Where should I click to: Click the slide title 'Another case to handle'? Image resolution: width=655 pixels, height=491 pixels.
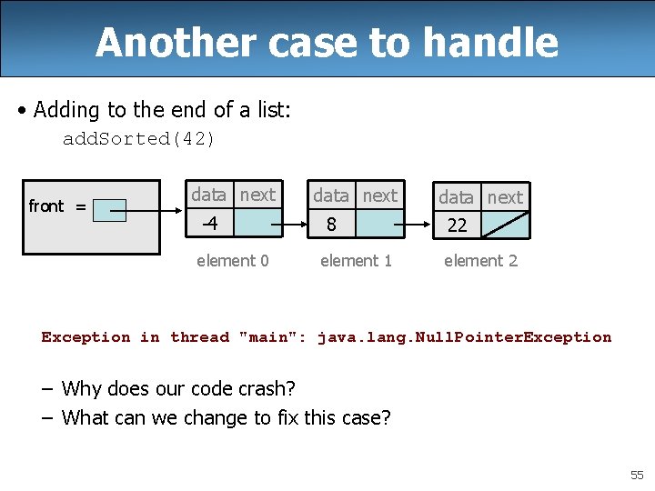click(x=327, y=42)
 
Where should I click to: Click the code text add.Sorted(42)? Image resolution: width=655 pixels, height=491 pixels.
click(x=138, y=139)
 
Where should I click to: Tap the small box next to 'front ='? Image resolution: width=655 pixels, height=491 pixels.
click(x=111, y=210)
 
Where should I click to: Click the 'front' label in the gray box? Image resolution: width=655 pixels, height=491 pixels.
click(x=46, y=206)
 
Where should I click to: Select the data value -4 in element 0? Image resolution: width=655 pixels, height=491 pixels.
click(x=209, y=223)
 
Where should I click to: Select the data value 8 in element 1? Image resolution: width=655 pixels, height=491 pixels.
click(x=332, y=224)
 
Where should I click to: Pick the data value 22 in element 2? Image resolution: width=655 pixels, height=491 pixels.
click(x=457, y=225)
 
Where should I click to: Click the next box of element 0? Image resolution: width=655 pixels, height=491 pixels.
click(x=258, y=223)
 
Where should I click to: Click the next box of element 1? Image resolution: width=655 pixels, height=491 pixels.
click(x=379, y=224)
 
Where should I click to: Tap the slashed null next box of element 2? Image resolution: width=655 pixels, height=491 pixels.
click(x=504, y=225)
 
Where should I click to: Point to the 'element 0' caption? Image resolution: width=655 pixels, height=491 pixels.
click(x=233, y=261)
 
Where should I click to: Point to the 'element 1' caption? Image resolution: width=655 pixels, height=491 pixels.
click(x=356, y=261)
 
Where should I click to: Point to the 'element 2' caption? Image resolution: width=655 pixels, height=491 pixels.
click(x=480, y=261)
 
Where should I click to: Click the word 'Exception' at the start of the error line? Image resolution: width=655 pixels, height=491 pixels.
click(x=86, y=337)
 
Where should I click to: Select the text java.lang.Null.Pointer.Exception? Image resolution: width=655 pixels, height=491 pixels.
click(x=464, y=337)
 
